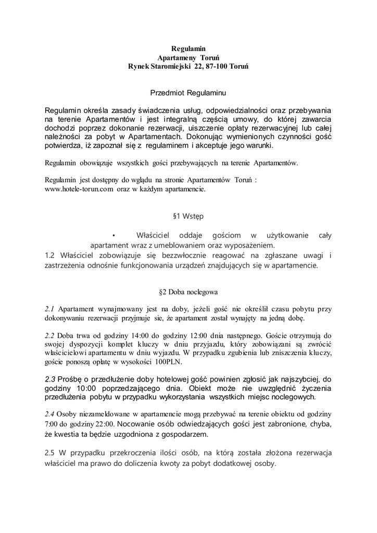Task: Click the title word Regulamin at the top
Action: click(188, 48)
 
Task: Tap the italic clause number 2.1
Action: click(50, 308)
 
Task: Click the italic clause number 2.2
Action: click(50, 335)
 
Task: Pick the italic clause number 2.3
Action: click(50, 378)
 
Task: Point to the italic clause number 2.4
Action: click(50, 414)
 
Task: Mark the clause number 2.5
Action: click(51, 452)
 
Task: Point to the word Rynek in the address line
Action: click(141, 67)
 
